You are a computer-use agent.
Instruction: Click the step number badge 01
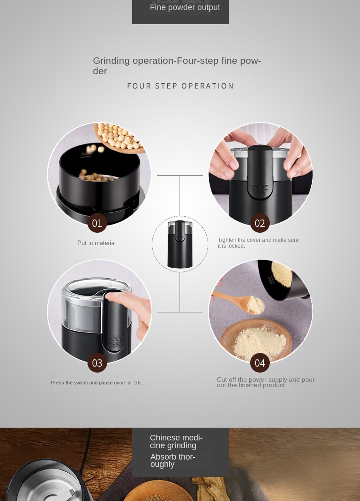point(97,223)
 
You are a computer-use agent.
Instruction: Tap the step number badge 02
point(260,223)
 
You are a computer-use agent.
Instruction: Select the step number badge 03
point(97,363)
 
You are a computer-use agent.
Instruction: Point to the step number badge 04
point(260,363)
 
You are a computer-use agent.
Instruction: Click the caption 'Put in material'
point(97,243)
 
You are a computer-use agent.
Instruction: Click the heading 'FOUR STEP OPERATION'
point(180,86)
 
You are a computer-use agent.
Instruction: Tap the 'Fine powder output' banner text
point(185,7)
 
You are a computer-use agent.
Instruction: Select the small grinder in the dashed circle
point(180,244)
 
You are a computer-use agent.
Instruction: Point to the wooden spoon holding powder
point(239,302)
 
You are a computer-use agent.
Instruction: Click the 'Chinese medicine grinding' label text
point(176,442)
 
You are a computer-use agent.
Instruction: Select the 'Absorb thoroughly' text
point(173,460)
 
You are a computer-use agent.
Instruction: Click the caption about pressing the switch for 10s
point(97,383)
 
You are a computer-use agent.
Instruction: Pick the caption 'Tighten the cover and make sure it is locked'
point(258,243)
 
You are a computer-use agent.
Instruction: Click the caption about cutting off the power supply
point(266,383)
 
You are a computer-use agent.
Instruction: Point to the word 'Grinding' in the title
point(111,61)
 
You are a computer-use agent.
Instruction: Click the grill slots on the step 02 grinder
point(260,189)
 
